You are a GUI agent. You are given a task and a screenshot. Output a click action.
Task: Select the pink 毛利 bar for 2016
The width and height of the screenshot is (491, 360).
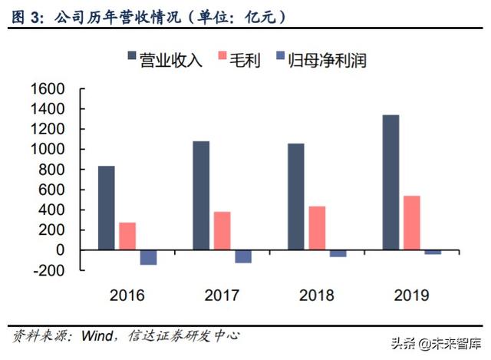127,236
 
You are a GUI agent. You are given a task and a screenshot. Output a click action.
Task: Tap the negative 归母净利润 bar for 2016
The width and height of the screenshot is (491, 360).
148,257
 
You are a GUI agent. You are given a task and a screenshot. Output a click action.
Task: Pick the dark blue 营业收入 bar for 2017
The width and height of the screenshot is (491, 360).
201,196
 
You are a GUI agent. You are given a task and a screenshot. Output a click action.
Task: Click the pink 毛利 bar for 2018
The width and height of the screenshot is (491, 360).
316,228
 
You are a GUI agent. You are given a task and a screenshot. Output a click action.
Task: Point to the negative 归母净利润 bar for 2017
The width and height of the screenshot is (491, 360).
243,256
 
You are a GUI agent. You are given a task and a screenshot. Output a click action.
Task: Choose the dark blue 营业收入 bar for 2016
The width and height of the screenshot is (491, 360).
107,208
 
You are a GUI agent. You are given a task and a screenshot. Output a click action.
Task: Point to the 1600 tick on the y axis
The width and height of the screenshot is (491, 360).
48,89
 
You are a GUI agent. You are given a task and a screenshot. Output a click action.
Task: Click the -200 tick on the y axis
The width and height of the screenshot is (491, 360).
48,270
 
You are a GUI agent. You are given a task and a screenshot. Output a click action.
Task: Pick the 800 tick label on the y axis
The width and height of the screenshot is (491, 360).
52,170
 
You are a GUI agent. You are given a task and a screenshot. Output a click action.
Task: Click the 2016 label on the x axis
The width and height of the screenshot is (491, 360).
127,294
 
